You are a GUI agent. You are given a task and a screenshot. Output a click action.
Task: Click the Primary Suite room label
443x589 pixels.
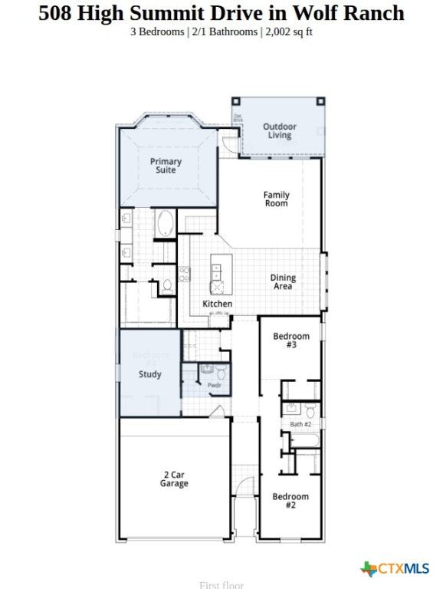click(166, 166)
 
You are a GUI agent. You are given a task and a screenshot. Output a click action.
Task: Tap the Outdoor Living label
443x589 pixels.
click(279, 131)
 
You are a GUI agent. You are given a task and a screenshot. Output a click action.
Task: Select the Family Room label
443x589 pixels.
click(276, 199)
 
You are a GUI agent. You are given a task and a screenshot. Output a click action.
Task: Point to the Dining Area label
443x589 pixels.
click(282, 282)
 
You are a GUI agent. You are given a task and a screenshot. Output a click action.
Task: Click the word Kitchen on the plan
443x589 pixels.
click(217, 304)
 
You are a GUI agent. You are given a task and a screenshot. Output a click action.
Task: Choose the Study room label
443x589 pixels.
click(149, 374)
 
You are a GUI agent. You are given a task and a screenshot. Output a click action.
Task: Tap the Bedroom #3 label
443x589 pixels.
click(291, 341)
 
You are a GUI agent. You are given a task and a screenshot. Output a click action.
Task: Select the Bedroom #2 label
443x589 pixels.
click(290, 501)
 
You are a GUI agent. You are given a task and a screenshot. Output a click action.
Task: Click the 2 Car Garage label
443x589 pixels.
click(174, 479)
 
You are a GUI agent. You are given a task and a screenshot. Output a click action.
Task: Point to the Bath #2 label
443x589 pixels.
click(300, 424)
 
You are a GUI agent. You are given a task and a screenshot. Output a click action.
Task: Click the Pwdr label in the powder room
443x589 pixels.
click(214, 385)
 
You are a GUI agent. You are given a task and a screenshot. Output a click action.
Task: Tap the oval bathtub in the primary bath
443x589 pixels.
click(164, 223)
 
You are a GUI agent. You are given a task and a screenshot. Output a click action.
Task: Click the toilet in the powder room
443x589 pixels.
click(221, 373)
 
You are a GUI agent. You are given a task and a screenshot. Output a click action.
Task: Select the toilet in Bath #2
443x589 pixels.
click(310, 410)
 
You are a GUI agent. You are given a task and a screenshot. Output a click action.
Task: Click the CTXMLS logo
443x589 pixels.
click(395, 568)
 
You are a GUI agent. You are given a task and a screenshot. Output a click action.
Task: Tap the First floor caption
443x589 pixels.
click(221, 585)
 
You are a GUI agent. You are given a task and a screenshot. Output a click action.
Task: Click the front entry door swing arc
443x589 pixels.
click(244, 487)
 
